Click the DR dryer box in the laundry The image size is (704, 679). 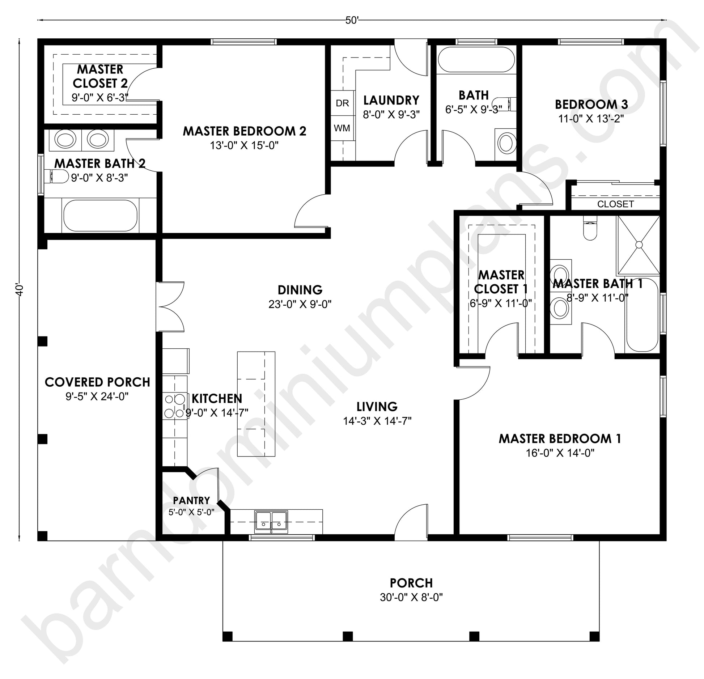coord(343,103)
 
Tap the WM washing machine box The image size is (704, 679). coord(343,128)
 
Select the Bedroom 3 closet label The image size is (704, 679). coord(615,204)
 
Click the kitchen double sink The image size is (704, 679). coord(271,522)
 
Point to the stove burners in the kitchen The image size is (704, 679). coord(175,406)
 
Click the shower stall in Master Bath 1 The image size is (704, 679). coord(639,245)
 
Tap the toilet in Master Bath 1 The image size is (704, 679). coord(590,228)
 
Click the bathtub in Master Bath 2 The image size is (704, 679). coord(100,216)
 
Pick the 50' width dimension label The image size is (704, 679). coord(352,21)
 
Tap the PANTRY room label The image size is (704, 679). coord(191,500)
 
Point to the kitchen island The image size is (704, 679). coord(256,404)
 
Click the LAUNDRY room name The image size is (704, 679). coord(391,100)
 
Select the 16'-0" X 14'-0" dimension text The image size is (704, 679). coord(560,453)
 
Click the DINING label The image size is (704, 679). coord(300,290)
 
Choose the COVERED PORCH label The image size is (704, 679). coord(97,382)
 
